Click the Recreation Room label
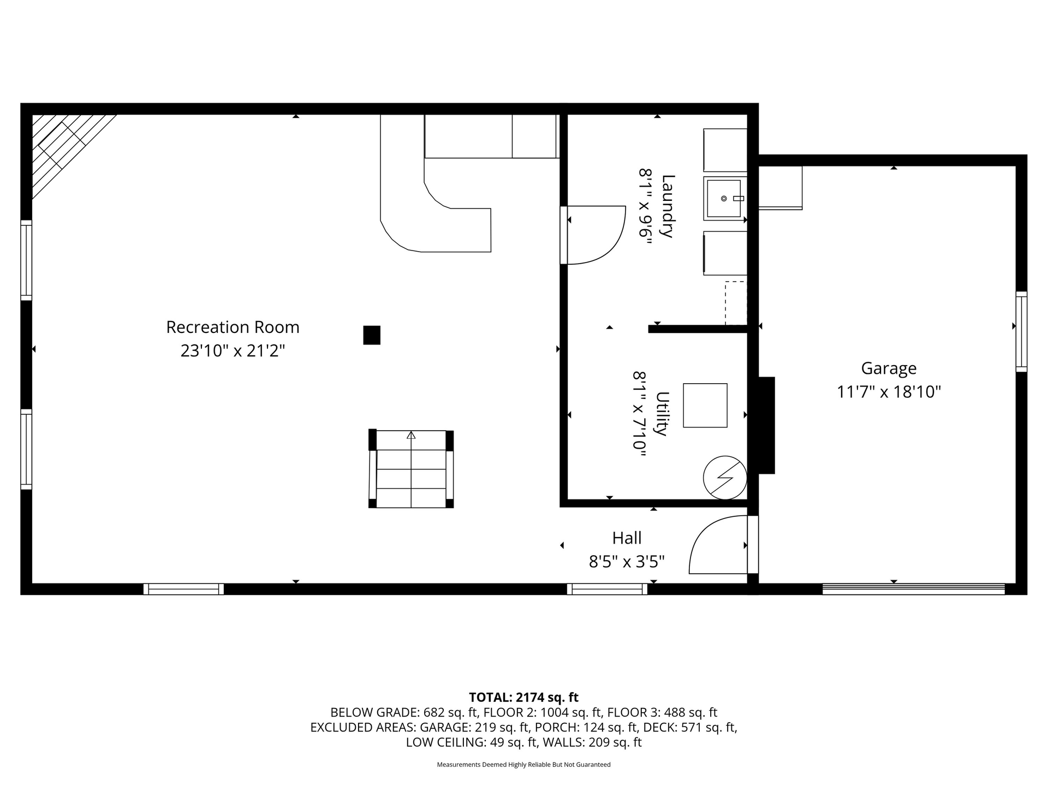tap(233, 327)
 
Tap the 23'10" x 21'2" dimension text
tap(233, 350)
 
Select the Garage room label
tap(889, 368)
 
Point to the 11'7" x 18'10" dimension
tap(889, 392)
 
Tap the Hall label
tap(627, 538)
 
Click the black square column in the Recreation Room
tap(372, 335)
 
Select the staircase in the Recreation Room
tap(411, 469)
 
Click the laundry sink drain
tap(724, 199)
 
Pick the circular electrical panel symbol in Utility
tap(725, 478)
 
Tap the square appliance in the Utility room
tap(705, 406)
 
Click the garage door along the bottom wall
tap(914, 589)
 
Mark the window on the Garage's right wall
tap(1021, 332)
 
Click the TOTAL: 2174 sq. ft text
tap(524, 697)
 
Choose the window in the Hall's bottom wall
tap(607, 589)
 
